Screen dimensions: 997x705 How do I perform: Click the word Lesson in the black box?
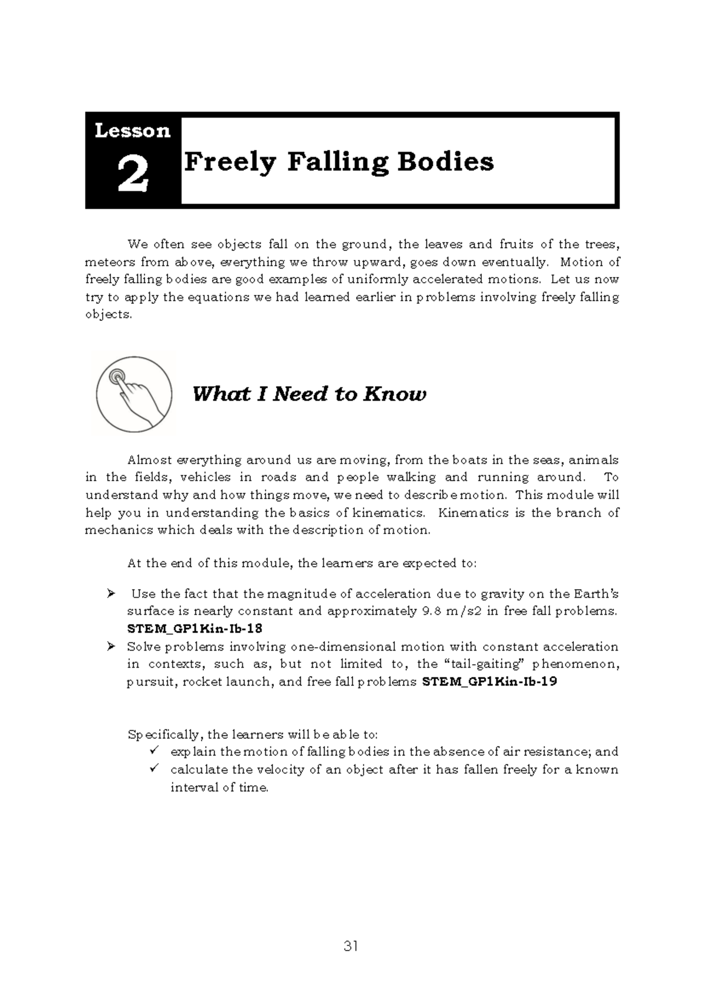pos(133,130)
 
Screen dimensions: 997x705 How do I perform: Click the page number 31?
pos(351,946)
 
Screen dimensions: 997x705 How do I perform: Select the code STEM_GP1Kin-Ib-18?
pos(194,628)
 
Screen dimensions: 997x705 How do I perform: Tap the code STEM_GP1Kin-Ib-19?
pos(490,682)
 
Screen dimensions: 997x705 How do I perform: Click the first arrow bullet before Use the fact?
pos(110,594)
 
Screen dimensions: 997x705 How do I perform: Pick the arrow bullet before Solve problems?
pos(110,647)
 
